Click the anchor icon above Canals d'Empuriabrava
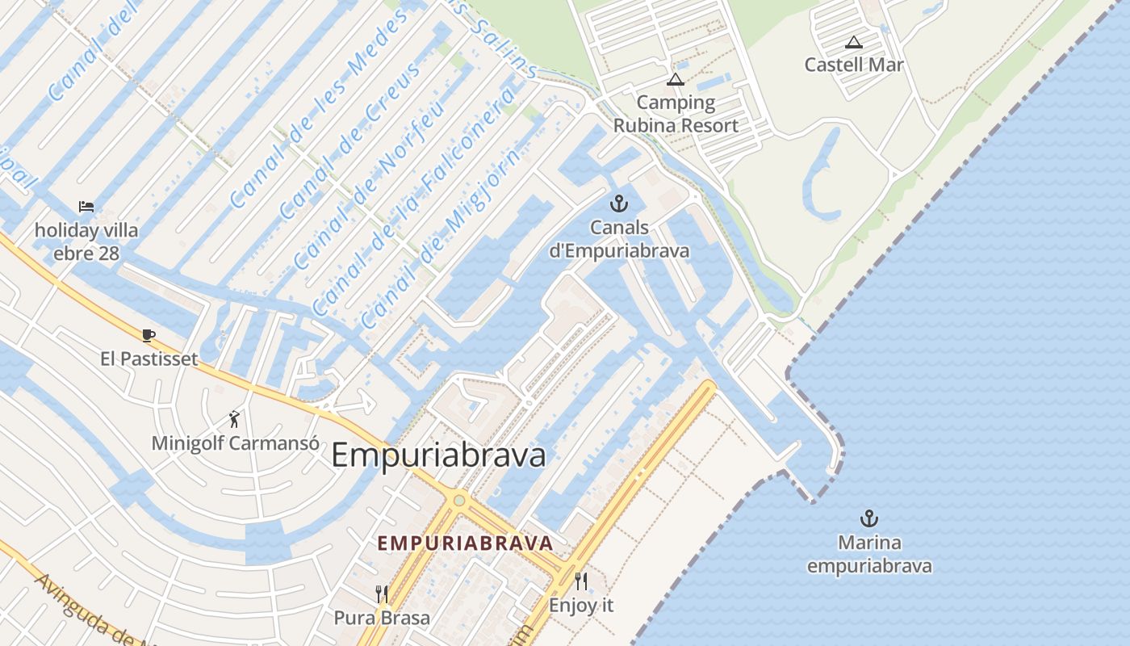[x=619, y=203]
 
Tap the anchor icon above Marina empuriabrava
[x=869, y=518]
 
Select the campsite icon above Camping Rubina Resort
[x=676, y=79]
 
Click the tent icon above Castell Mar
[x=854, y=42]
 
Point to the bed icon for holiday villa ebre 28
[x=86, y=207]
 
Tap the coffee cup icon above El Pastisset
[x=149, y=334]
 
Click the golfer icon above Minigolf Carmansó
[x=235, y=419]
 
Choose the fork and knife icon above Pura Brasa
[x=383, y=594]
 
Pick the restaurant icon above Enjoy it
[x=581, y=581]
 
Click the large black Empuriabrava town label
[x=438, y=455]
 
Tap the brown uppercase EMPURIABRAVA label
[x=466, y=543]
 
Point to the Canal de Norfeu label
[x=367, y=186]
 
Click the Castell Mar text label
[x=854, y=65]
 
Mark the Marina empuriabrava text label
[x=869, y=554]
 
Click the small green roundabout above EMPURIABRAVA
[x=459, y=501]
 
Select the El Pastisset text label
[x=149, y=359]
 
